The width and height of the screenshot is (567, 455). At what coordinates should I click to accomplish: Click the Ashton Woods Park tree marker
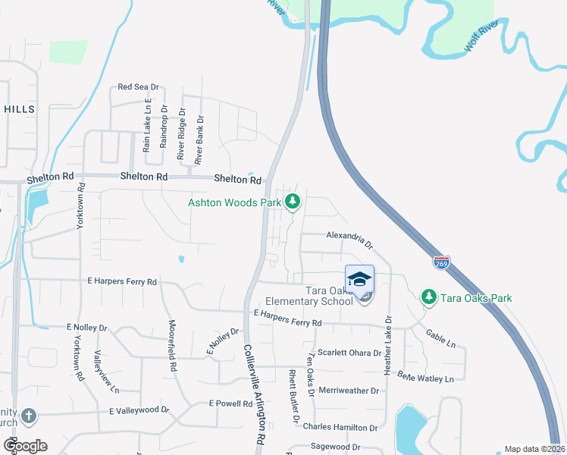point(293,202)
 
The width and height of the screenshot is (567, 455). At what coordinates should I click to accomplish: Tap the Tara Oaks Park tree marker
point(428,297)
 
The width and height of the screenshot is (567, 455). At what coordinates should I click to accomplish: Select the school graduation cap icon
point(360,279)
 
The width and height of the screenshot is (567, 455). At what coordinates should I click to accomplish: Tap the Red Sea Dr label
point(137,87)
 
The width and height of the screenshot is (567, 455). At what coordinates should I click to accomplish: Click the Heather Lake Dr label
point(387,345)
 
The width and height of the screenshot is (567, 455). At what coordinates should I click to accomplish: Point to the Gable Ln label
point(440,337)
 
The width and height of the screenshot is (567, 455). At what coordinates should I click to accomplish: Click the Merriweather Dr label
point(349,391)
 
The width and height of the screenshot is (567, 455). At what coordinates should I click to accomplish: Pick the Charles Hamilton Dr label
point(340,427)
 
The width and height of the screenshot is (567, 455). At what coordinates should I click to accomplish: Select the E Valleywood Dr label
point(139,410)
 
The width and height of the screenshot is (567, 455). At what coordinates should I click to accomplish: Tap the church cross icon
point(28,416)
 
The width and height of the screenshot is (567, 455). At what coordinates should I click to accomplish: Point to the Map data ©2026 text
point(534,449)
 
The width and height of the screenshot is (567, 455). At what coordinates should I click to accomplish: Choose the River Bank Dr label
point(199,140)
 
